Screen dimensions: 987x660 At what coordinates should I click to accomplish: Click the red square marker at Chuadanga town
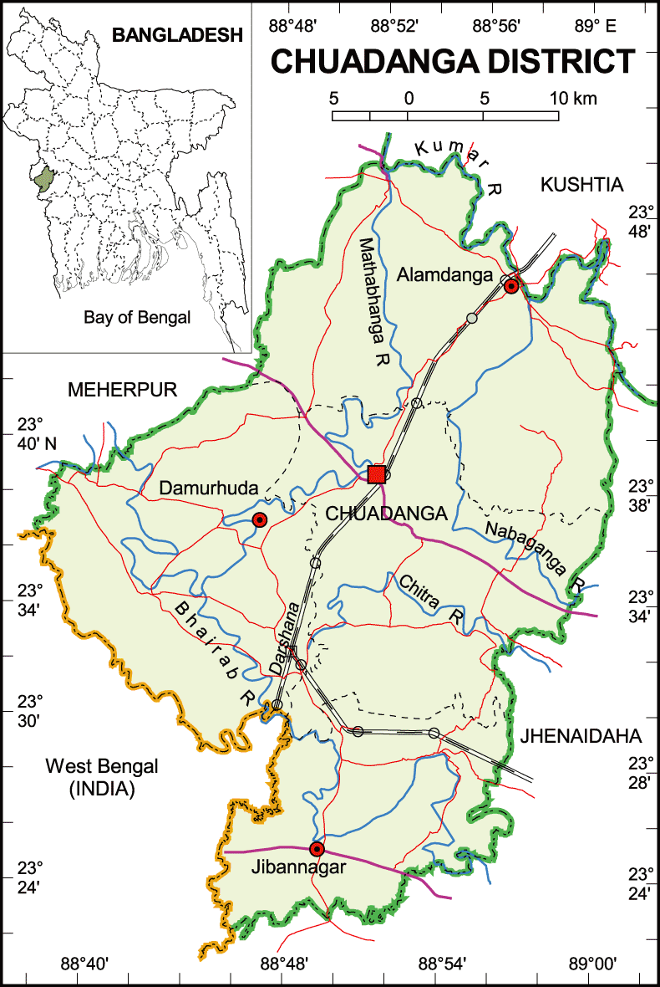click(377, 474)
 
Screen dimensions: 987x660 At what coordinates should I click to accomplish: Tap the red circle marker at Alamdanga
click(511, 286)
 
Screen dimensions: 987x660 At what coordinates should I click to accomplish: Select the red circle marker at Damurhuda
click(259, 520)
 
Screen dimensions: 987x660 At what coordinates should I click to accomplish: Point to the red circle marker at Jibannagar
click(317, 849)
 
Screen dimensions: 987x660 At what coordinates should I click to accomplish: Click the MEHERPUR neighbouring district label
click(124, 390)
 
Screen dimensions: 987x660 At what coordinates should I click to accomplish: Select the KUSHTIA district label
click(582, 185)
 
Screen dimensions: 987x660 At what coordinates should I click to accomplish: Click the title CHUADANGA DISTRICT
click(451, 62)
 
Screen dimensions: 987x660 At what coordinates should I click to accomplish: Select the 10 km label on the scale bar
click(573, 99)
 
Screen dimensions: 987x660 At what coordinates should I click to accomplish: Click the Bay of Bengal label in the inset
click(137, 317)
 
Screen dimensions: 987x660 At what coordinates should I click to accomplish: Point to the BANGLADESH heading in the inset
click(177, 35)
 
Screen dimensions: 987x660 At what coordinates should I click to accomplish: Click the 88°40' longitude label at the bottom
click(85, 964)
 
